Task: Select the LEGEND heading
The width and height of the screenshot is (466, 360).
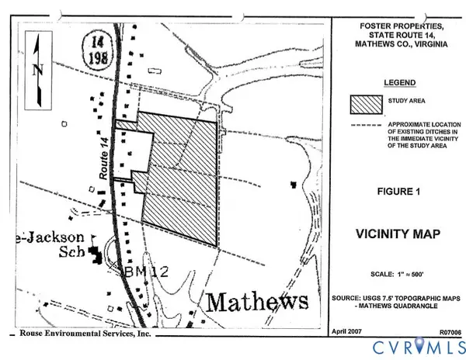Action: (x=398, y=82)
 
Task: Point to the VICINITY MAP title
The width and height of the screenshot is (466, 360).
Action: (x=398, y=233)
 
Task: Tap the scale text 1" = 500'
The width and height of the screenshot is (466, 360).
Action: (x=398, y=275)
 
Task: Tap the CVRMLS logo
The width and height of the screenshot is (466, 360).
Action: (x=415, y=345)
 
